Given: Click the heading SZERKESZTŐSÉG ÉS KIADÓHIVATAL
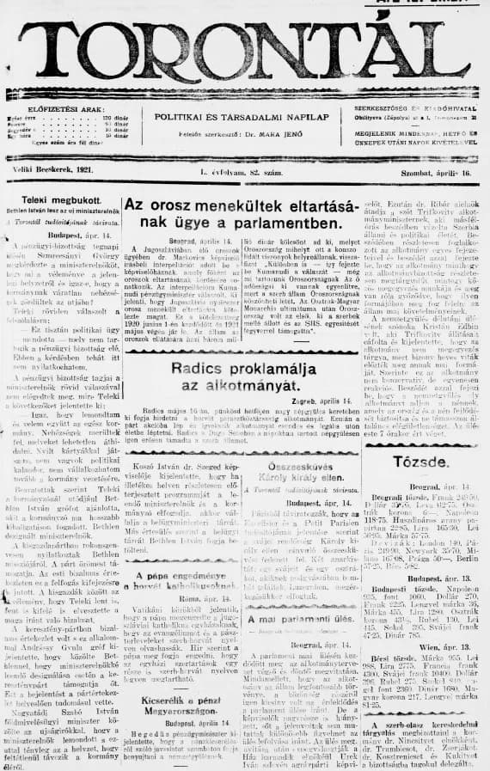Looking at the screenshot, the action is pyautogui.click(x=417, y=110).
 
